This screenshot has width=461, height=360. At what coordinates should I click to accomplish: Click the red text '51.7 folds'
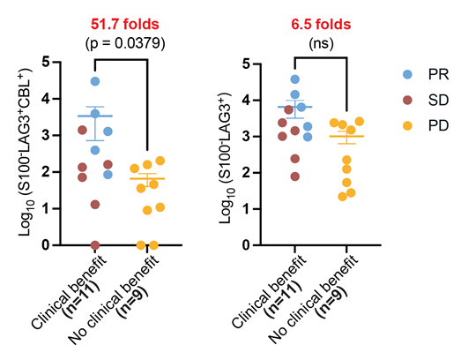pyautogui.click(x=124, y=24)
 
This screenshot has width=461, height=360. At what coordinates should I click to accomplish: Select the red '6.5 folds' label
pyautogui.click(x=321, y=24)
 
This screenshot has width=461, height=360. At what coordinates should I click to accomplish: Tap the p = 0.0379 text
pyautogui.click(x=125, y=43)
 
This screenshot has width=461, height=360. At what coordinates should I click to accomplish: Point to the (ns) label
pyautogui.click(x=321, y=44)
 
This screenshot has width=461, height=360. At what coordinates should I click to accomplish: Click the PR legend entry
pyautogui.click(x=426, y=74)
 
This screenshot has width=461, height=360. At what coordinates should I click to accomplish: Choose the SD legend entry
pyautogui.click(x=426, y=101)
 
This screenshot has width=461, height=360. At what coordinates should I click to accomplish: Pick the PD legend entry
pyautogui.click(x=426, y=126)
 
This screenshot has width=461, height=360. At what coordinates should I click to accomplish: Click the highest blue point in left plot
pyautogui.click(x=95, y=81)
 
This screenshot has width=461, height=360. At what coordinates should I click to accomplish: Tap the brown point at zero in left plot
pyautogui.click(x=95, y=245)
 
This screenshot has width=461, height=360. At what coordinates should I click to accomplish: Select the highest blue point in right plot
pyautogui.click(x=295, y=79)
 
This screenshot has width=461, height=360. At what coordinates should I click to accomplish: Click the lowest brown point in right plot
pyautogui.click(x=295, y=176)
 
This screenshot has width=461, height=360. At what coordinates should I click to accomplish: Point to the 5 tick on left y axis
pyautogui.click(x=46, y=62)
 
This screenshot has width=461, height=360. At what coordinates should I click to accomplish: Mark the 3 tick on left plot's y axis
pyautogui.click(x=46, y=135)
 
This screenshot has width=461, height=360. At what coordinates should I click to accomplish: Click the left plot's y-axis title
pyautogui.click(x=26, y=152)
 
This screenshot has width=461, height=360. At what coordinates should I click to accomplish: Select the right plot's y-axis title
pyautogui.click(x=226, y=158)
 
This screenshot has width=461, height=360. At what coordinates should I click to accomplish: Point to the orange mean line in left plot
pyautogui.click(x=147, y=178)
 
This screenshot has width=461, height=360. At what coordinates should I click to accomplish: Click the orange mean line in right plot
pyautogui.click(x=346, y=136)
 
